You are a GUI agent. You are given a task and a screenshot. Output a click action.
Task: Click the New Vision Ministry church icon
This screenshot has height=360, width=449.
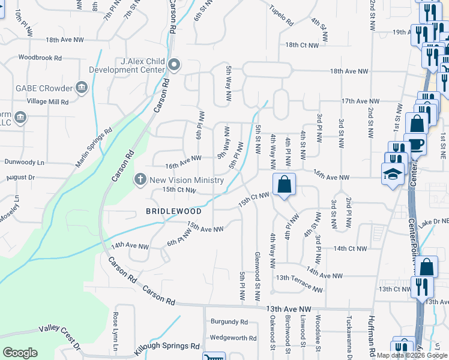(x=140, y=179)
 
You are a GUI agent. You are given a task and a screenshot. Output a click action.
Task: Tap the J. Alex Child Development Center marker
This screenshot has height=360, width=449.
(x=174, y=65)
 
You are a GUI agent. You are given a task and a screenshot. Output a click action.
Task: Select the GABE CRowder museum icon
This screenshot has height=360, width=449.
(x=82, y=88)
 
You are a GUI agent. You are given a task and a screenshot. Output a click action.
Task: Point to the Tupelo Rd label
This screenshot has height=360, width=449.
(x=281, y=19)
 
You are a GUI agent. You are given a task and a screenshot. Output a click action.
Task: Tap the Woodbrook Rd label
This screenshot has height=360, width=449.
(x=40, y=58)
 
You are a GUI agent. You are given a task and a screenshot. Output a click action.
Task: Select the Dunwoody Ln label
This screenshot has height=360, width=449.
(x=25, y=162)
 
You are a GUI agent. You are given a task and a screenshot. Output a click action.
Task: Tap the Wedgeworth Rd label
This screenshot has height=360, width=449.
(x=229, y=337)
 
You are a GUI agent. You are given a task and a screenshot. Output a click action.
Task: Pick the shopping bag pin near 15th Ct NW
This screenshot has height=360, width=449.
(x=284, y=184)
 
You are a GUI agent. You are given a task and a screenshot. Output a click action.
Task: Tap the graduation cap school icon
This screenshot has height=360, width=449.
(x=393, y=172)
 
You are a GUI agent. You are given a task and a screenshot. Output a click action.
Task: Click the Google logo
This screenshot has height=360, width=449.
(x=20, y=352)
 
